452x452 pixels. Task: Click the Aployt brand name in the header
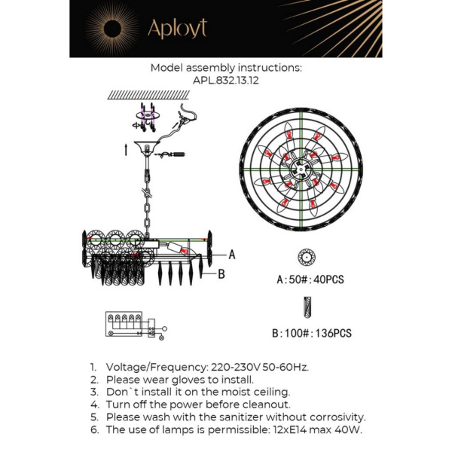[x=176, y=29]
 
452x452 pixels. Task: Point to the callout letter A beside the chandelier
[x=232, y=255]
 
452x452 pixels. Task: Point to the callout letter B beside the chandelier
[x=221, y=274]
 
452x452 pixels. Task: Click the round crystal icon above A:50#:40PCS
[x=306, y=257]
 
